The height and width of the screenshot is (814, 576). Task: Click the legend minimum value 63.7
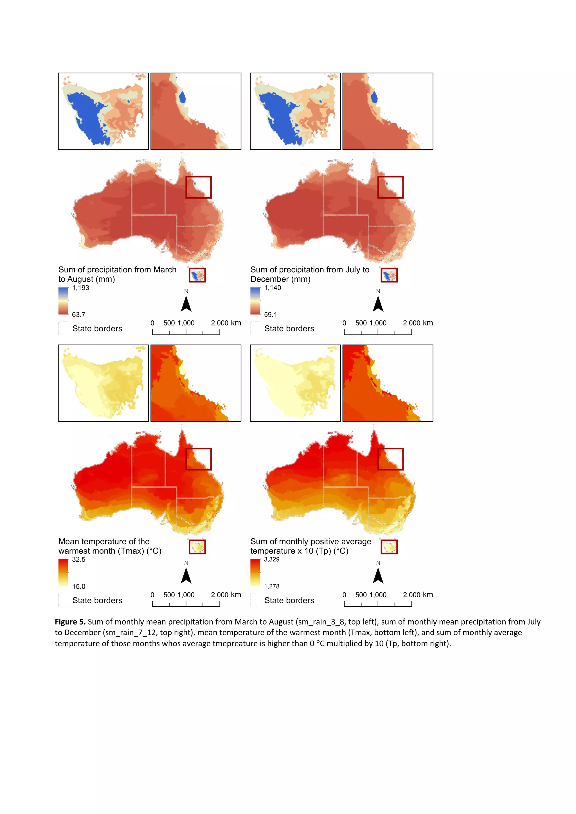[x=78, y=315]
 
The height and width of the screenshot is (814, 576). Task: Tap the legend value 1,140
[x=273, y=288]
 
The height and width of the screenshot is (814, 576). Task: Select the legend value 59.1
[x=270, y=315]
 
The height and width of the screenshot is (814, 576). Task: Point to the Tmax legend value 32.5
[x=78, y=559]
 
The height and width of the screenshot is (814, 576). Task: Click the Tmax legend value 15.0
[x=78, y=586]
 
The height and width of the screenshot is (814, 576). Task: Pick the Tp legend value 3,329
[x=271, y=559]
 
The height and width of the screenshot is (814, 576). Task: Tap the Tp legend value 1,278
[x=271, y=586]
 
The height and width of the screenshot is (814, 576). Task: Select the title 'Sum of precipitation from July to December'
[x=310, y=274]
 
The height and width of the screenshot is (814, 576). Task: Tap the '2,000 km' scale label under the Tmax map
[x=226, y=595]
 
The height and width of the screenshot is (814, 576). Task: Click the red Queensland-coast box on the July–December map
[x=390, y=187]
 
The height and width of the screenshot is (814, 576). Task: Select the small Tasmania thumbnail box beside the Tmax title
[x=197, y=547]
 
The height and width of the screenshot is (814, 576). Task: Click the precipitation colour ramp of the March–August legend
[x=63, y=301]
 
